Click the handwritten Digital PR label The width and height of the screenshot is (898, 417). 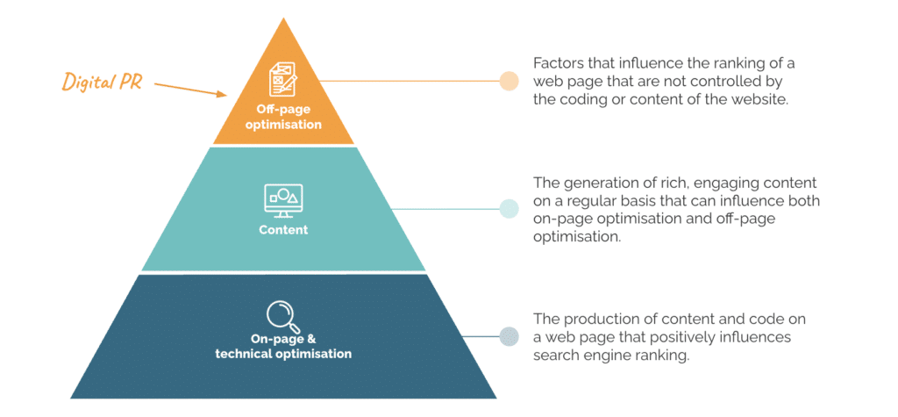pyautogui.click(x=103, y=82)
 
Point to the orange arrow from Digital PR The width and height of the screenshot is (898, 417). pyautogui.click(x=189, y=89)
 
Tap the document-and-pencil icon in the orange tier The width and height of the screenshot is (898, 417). pyautogui.click(x=282, y=80)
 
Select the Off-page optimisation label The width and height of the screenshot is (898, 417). pyautogui.click(x=283, y=118)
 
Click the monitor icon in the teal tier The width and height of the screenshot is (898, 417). pyautogui.click(x=283, y=198)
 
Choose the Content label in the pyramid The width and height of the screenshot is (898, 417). pyautogui.click(x=283, y=230)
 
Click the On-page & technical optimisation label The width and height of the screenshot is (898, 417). pyautogui.click(x=283, y=347)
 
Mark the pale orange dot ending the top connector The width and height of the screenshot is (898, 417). pyautogui.click(x=509, y=81)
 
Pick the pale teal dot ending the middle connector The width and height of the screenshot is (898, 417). pyautogui.click(x=509, y=209)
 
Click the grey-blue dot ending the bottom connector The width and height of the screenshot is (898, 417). pyautogui.click(x=509, y=336)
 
